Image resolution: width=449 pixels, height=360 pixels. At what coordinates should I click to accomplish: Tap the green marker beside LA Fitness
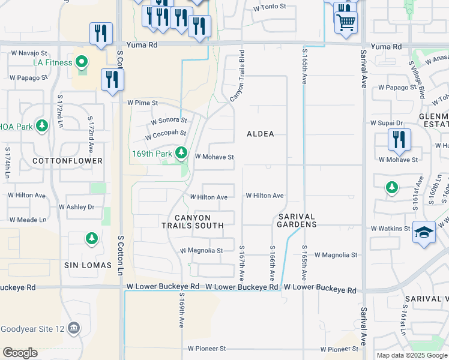coord(82,62)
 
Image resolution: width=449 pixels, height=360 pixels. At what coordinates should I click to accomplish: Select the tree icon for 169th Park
coord(181,154)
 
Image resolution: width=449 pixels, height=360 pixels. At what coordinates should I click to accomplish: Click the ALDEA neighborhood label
coord(261,134)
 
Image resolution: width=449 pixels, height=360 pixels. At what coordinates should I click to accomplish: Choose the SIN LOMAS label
coord(88,265)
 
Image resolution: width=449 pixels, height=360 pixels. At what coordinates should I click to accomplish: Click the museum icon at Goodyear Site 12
coord(74,328)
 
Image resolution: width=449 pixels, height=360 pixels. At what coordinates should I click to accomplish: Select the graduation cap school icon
coord(424,232)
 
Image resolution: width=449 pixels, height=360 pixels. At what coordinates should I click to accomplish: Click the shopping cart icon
coord(346,23)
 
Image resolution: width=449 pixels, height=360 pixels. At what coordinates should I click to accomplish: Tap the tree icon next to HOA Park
coord(41,126)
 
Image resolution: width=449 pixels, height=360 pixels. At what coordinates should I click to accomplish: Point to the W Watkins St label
coord(390,229)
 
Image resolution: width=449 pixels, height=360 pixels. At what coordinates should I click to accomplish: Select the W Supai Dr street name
coord(394,122)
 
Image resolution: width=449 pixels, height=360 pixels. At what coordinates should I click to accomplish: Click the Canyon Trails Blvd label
coord(237,78)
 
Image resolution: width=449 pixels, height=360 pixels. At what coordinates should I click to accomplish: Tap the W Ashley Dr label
coord(76,207)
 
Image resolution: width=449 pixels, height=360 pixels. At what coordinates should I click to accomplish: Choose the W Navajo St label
coord(28,53)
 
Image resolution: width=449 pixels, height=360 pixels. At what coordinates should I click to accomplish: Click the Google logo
coord(20,353)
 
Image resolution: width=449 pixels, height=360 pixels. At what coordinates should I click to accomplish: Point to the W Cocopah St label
coord(166,134)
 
